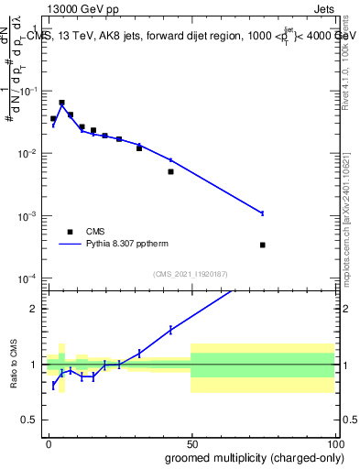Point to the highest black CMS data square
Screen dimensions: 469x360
tap(61, 103)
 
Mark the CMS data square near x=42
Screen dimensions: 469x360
tap(170, 171)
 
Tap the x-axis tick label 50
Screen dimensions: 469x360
tap(191, 444)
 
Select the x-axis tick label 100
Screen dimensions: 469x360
tap(333, 444)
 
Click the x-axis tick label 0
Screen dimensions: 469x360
tap(48, 444)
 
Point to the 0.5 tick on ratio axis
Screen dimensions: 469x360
tap(34, 421)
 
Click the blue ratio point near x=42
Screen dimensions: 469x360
tap(170, 330)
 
